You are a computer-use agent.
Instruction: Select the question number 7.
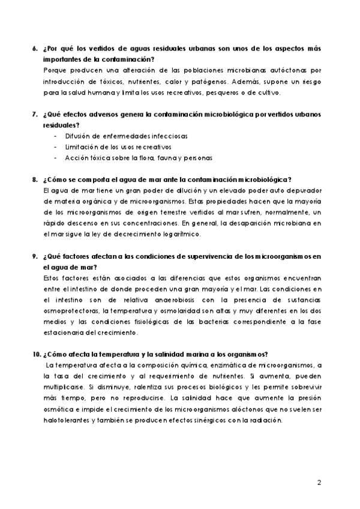34,114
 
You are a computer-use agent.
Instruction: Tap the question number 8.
34,179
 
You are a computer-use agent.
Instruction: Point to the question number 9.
34,256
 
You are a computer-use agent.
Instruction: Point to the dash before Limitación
55,147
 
